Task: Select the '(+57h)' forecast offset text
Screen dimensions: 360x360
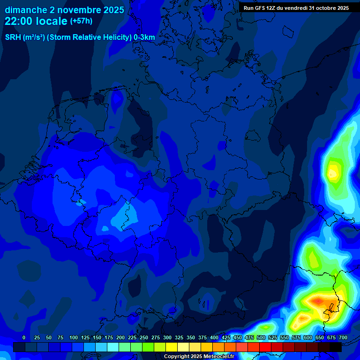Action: (81, 21)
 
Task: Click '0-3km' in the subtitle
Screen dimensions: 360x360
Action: (144, 37)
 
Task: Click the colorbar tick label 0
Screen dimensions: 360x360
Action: (24, 337)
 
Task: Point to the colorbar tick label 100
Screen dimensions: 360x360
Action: (74, 337)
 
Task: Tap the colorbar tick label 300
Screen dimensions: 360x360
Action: (167, 337)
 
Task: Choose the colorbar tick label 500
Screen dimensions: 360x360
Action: (261, 337)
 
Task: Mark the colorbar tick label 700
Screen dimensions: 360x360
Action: (343, 337)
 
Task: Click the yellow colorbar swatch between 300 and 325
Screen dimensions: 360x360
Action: (172, 347)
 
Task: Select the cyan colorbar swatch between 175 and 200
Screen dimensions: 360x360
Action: (113, 347)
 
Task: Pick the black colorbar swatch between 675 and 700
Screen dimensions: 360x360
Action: (336, 347)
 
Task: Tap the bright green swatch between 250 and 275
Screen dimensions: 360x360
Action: (149, 347)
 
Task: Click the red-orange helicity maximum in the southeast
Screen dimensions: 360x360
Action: (318, 300)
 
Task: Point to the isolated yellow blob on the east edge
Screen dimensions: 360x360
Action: (333, 172)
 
